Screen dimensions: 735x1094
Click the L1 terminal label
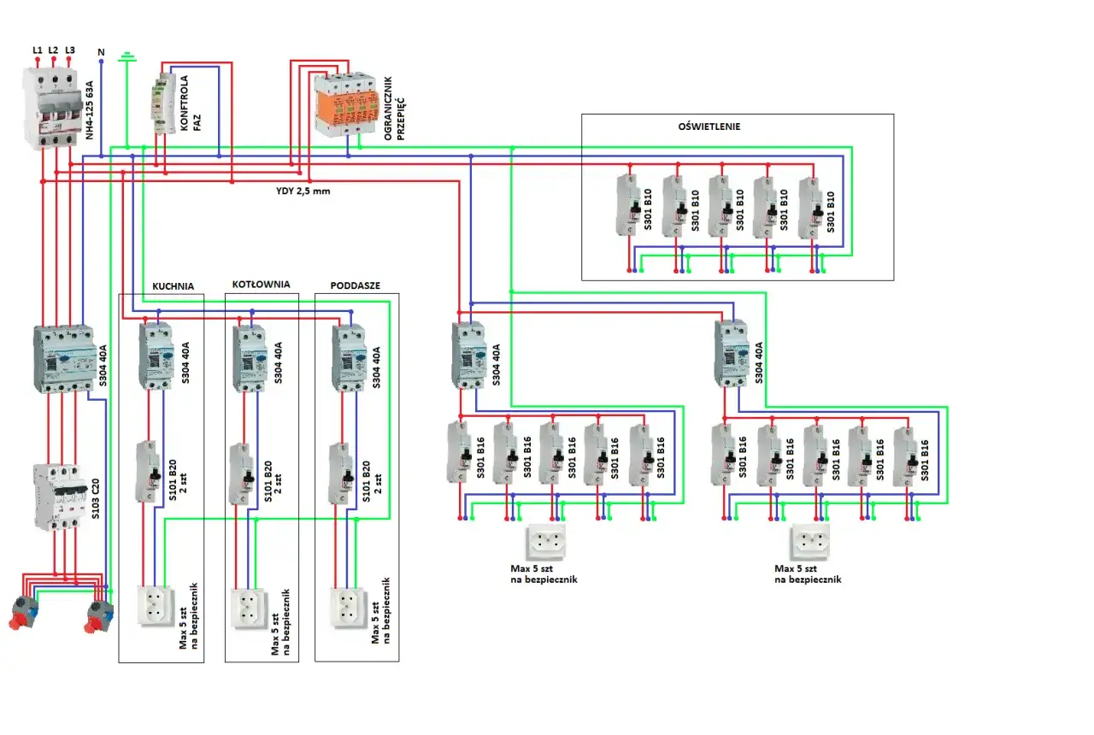click(x=37, y=50)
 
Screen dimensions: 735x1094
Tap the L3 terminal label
click(x=70, y=50)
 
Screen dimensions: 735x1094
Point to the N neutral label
click(x=102, y=53)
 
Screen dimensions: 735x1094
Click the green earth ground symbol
click(x=127, y=57)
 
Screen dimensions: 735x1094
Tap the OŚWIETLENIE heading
click(x=709, y=126)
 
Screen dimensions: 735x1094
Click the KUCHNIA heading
click(x=174, y=285)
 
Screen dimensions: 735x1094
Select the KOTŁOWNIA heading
click(x=261, y=284)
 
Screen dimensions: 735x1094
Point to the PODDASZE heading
click(x=355, y=285)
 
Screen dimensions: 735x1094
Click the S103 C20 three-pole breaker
click(x=56, y=497)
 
